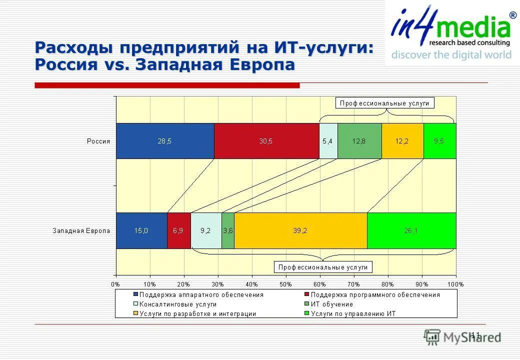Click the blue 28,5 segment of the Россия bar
click(x=165, y=141)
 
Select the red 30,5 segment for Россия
click(x=266, y=141)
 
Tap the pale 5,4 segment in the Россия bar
click(x=328, y=141)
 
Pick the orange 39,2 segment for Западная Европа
click(x=300, y=230)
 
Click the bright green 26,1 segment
click(x=411, y=230)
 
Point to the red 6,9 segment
click(x=178, y=230)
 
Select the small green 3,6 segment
click(x=227, y=230)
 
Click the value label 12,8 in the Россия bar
click(x=359, y=141)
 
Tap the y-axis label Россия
click(x=98, y=141)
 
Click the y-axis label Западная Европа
click(x=81, y=231)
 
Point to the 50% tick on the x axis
click(x=285, y=284)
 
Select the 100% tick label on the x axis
click(x=455, y=284)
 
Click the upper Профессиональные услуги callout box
click(x=384, y=103)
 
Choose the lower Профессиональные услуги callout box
click(x=323, y=267)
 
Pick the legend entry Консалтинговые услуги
click(x=177, y=304)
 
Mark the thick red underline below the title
click(x=166, y=85)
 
